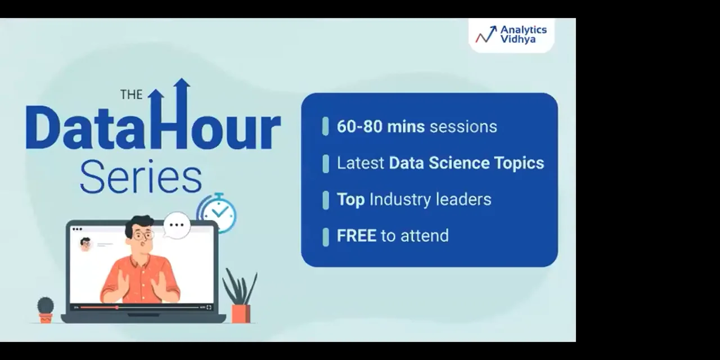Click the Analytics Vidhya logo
[x=511, y=34]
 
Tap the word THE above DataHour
[x=131, y=94]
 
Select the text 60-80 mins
[x=381, y=127]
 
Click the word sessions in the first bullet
[x=463, y=127]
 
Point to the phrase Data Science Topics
[x=466, y=163]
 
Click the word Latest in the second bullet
[x=361, y=163]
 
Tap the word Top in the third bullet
[x=350, y=199]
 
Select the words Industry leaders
[x=430, y=199]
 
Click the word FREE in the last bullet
[x=356, y=236]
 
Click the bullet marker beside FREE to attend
[x=326, y=236]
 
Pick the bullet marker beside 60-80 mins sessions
[x=326, y=127]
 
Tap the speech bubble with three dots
[x=177, y=225]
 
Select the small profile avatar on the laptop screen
[x=85, y=244]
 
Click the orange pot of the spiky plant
[x=241, y=313]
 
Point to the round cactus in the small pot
[x=46, y=305]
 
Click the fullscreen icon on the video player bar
[x=209, y=307]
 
